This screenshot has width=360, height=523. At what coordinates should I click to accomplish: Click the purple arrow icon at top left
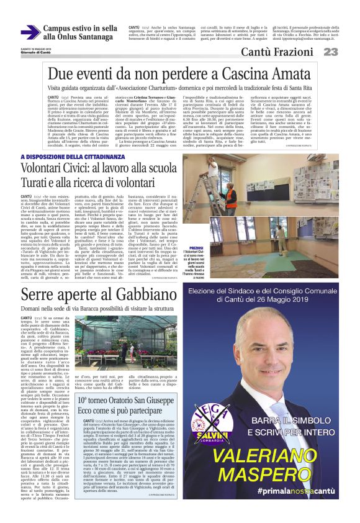coord(29,32)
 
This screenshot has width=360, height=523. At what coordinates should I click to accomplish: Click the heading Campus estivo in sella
coord(80,28)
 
